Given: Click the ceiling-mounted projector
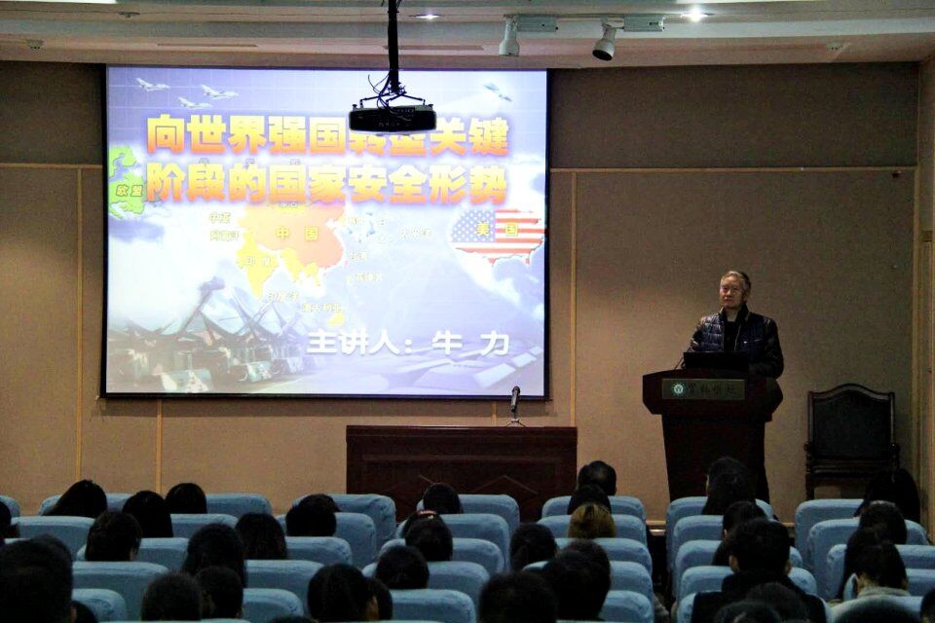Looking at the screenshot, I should point(392,118).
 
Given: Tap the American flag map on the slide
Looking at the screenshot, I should point(498,234).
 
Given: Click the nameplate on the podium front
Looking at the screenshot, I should point(703,388).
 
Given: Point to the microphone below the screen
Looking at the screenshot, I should point(514,398).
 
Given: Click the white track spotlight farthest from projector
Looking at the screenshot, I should point(606,42).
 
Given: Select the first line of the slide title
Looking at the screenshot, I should point(327,136).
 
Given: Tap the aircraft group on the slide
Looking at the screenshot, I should point(185,92).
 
